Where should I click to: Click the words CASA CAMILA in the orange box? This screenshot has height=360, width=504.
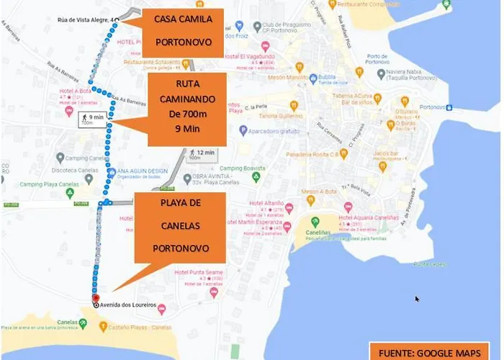184,19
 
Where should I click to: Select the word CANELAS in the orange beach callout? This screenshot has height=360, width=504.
181,225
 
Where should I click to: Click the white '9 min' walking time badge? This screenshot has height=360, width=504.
91,118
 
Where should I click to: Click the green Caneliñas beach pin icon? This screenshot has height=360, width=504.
315,221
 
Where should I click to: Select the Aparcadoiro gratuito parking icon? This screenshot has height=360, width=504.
242,132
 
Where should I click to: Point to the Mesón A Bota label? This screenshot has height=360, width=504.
319,192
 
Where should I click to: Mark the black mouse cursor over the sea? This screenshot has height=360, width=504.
418,298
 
